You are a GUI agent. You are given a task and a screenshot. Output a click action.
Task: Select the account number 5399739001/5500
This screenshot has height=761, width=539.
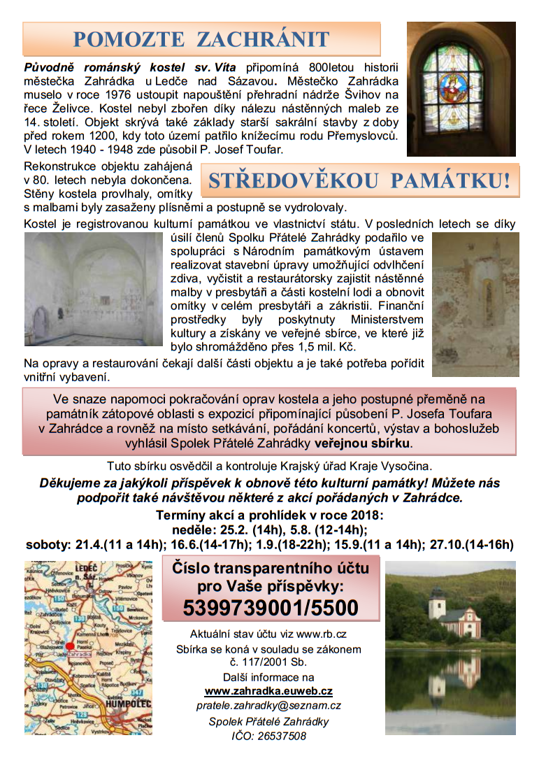271,608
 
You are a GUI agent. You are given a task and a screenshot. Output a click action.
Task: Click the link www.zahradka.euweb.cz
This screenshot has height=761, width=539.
268,691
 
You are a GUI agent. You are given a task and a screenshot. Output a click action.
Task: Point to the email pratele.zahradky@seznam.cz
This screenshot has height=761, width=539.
268,706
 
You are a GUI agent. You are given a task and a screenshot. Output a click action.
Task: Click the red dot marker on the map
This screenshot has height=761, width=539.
71,646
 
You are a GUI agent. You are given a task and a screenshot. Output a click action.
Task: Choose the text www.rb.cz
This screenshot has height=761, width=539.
322,634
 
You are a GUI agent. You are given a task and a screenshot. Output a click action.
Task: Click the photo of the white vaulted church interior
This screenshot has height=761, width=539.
93,289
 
